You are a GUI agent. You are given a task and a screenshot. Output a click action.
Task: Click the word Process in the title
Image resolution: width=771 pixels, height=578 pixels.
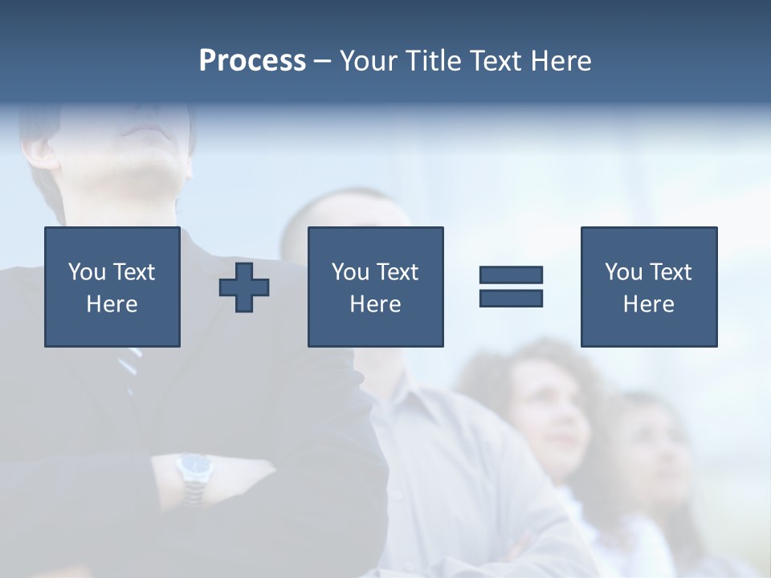(252, 61)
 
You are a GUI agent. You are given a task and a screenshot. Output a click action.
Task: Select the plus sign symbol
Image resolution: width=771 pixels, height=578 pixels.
(244, 287)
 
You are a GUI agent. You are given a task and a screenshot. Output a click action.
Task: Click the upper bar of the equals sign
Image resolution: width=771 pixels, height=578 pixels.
(511, 275)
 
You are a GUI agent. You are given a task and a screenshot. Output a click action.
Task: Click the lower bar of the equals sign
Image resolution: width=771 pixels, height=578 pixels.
(511, 298)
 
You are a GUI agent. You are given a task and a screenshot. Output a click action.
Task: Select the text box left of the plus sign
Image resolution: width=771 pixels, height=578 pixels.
(112, 287)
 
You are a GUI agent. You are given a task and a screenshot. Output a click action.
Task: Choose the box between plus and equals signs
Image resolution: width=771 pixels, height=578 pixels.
(375, 287)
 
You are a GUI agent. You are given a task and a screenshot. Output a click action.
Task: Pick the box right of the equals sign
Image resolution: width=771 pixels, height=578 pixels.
(648, 287)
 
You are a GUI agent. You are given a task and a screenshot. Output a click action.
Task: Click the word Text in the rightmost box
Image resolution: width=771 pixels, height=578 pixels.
(671, 272)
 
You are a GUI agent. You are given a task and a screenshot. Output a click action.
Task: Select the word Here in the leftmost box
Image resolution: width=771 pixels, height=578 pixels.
(112, 304)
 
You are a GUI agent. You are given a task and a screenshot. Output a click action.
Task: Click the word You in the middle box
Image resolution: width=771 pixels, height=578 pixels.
(350, 272)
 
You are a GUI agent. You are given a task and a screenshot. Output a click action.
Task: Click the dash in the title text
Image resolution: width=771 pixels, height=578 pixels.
(322, 62)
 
